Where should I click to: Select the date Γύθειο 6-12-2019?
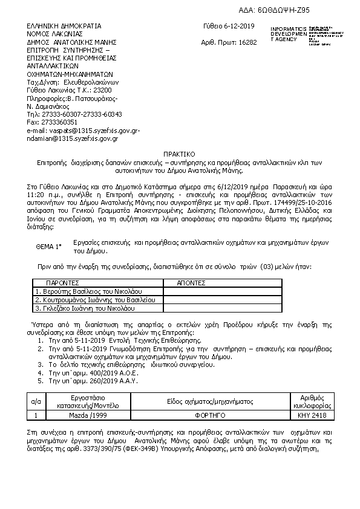coord(229,26)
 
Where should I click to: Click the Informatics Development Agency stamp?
coord(299,36)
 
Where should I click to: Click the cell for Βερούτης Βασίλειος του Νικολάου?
coord(91,291)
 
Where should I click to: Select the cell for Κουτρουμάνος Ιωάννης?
coord(96,300)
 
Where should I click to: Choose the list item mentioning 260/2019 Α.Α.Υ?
coord(93,382)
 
